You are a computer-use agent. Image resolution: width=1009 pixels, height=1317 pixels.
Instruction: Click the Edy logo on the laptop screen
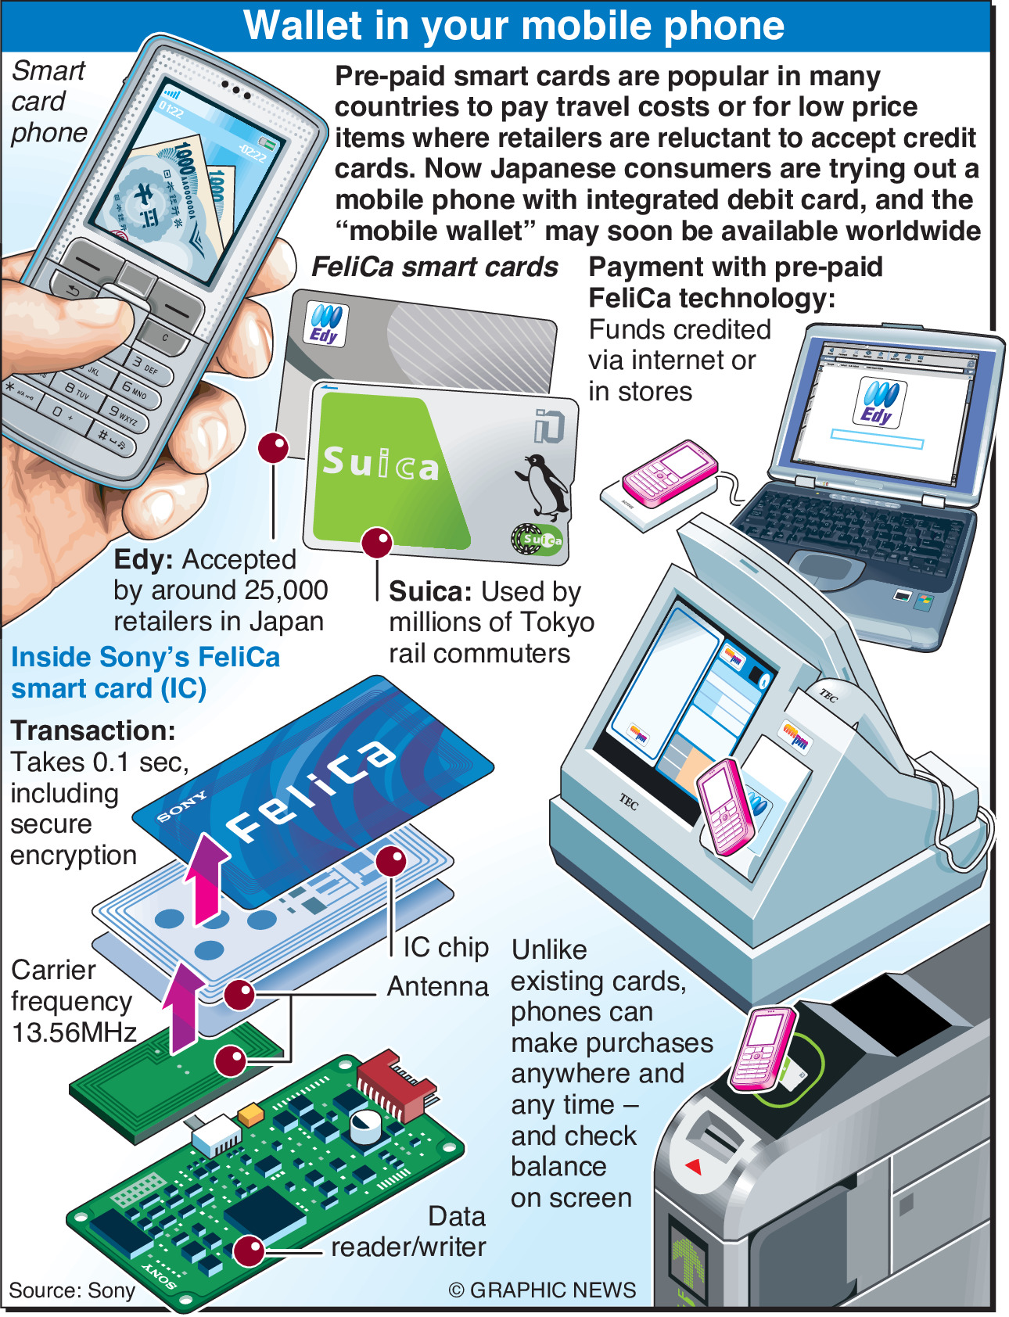coord(879,401)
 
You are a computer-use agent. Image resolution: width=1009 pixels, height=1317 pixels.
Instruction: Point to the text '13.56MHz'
coord(74,1032)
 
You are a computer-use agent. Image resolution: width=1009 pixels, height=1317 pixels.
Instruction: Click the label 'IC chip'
coord(445,947)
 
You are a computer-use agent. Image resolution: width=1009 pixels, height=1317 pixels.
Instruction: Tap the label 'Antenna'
coord(437,986)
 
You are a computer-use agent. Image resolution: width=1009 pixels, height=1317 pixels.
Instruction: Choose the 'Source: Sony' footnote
coord(72,1290)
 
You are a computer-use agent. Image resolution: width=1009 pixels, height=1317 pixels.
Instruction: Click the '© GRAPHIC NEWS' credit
coord(542,1290)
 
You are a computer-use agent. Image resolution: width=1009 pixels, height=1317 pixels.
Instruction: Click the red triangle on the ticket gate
coord(693,1166)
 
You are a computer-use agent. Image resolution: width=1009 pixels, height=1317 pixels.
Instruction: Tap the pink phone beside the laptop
coord(670,472)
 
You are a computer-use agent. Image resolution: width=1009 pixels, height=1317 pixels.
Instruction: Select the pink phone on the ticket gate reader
coord(764,1048)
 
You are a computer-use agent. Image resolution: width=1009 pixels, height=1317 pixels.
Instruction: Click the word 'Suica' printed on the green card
coord(381,464)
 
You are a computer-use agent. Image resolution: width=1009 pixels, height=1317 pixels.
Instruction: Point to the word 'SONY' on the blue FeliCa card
coord(181,806)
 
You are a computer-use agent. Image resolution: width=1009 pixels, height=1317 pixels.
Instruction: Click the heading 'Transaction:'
coord(93,730)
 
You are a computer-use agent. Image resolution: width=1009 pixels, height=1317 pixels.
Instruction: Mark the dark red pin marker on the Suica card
coord(377,542)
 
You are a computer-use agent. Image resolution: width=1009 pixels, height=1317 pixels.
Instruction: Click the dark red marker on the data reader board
coord(249,1251)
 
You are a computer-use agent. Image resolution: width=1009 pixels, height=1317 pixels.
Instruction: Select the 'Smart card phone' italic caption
coord(48,102)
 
